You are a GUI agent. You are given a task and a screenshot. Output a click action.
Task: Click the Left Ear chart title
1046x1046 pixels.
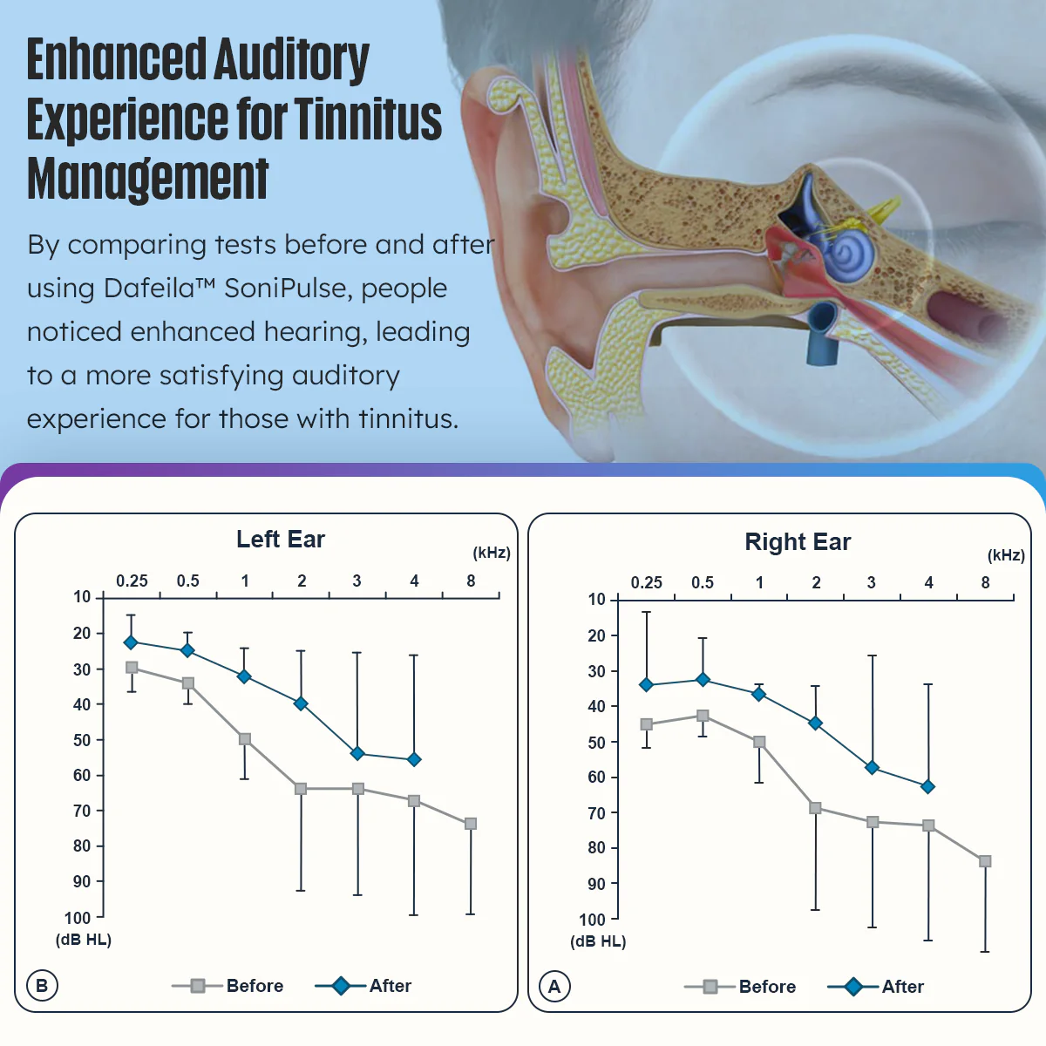tap(281, 540)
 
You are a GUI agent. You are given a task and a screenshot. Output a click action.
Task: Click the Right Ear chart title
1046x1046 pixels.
tap(798, 542)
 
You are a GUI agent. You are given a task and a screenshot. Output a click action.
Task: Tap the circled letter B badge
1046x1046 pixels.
tap(42, 986)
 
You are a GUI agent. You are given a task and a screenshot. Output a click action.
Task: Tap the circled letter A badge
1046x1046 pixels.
tap(554, 987)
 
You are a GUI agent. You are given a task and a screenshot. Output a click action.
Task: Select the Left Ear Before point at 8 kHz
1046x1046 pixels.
tap(471, 824)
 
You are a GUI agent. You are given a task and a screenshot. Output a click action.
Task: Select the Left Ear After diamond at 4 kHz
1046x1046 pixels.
tap(414, 759)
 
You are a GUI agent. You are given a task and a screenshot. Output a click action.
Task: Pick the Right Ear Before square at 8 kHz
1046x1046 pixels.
tap(985, 861)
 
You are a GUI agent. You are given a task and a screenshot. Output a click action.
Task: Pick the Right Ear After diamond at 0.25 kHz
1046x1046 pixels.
tap(646, 685)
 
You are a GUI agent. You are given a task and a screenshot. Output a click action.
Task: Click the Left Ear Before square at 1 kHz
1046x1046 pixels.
tap(245, 739)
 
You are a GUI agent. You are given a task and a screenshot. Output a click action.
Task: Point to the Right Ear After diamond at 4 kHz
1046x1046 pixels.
tap(928, 786)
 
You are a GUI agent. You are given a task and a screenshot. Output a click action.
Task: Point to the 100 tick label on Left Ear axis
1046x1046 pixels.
tap(78, 918)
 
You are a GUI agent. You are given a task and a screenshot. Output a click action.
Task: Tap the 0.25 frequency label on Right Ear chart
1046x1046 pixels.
tap(647, 582)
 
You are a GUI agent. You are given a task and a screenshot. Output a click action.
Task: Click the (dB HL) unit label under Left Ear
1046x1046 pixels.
tap(84, 940)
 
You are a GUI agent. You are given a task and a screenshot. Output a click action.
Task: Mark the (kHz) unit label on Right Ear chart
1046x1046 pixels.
tap(1006, 555)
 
